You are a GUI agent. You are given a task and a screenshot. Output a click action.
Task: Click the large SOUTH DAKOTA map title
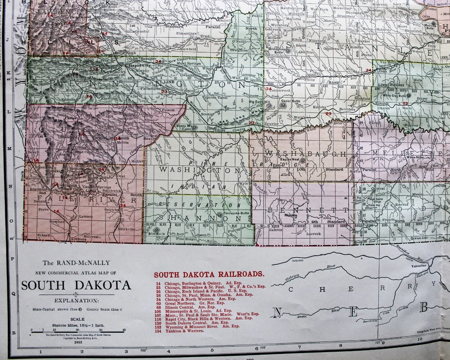76,285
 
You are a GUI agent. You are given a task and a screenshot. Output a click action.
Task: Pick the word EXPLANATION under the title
76,300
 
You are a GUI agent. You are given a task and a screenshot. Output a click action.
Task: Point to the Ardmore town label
78,239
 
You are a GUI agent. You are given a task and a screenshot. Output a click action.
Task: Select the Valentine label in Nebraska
415,265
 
